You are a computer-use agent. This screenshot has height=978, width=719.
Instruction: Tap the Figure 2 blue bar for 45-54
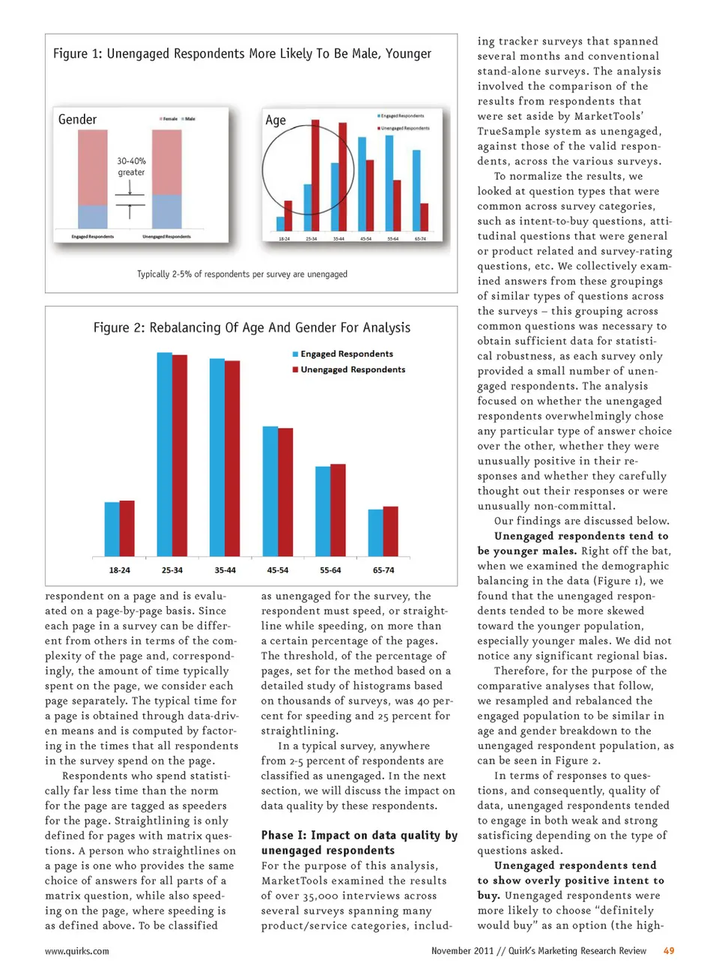coord(270,491)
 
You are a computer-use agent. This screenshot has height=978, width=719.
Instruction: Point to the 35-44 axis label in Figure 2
coord(225,570)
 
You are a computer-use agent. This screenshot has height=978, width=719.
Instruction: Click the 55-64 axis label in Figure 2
coord(330,570)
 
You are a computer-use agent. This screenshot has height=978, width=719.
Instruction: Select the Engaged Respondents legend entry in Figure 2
coord(346,354)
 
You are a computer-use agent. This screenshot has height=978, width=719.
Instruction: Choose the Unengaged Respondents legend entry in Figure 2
coord(352,369)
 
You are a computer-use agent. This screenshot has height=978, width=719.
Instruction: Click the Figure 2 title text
coord(252,327)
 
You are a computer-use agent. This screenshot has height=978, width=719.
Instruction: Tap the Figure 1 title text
coord(242,54)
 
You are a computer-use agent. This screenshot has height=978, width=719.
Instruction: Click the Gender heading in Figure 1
coord(77,120)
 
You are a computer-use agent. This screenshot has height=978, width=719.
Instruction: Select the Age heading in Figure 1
coord(276,121)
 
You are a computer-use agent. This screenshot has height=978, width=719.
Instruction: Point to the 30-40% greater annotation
coord(131,166)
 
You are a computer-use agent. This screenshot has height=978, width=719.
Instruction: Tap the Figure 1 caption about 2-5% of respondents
coord(242,274)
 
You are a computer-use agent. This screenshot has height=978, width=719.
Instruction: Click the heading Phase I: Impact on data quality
coord(359,842)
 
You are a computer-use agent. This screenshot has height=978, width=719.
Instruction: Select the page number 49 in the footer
coord(669,951)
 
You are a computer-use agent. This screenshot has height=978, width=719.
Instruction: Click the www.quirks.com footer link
coord(76,951)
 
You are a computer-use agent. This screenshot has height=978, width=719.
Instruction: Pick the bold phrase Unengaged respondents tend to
coord(581,536)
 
